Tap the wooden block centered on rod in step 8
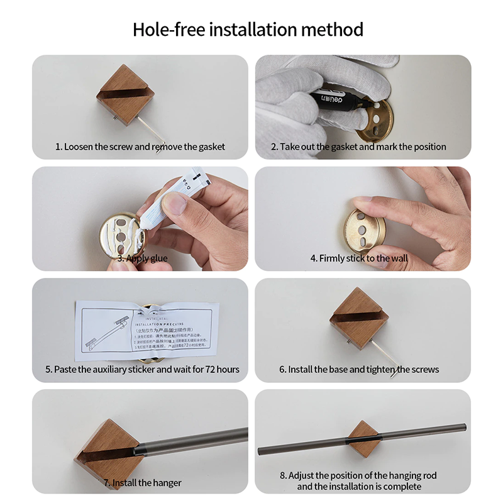(363, 438)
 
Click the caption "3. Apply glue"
(142, 258)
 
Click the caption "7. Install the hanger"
(143, 483)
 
